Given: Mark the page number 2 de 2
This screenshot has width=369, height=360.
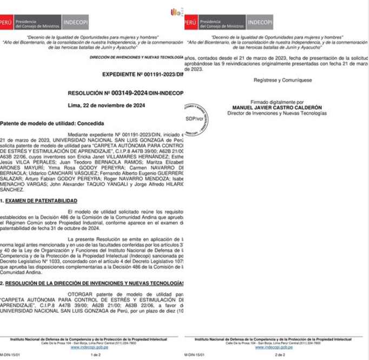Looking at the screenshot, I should tap(280, 355).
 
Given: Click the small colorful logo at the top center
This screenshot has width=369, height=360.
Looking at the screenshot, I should tap(175, 12).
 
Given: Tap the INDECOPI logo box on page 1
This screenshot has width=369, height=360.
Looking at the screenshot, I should tap(75, 23).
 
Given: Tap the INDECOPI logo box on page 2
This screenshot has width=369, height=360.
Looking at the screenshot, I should tap(259, 23).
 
